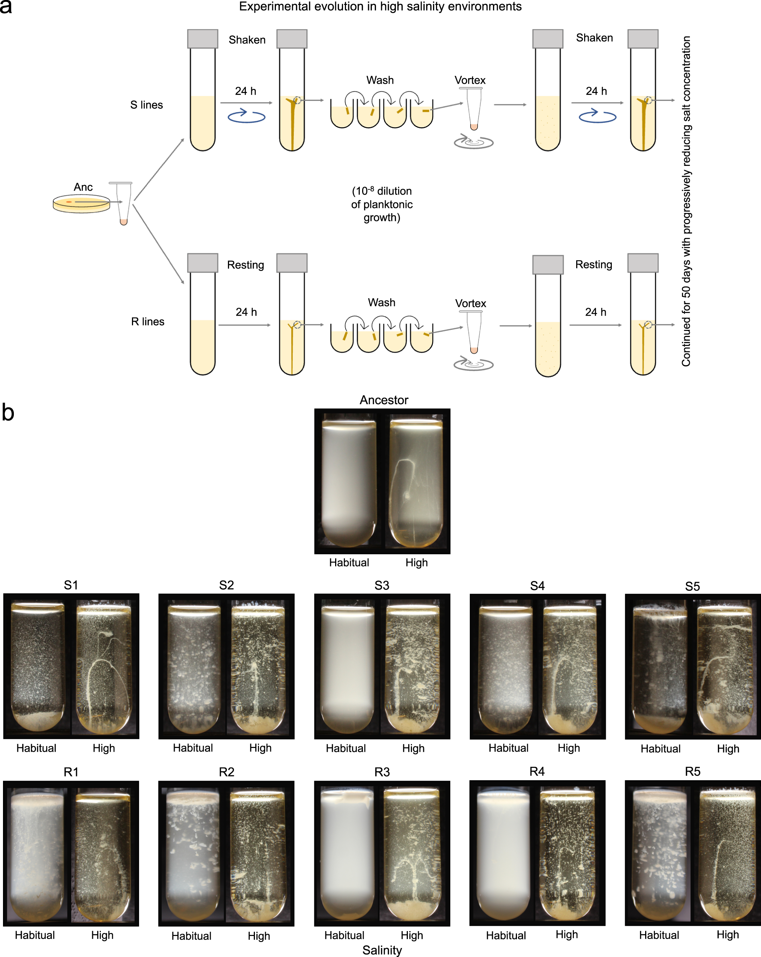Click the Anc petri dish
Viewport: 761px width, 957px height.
pos(81,204)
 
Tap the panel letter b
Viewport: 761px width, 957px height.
pos(8,412)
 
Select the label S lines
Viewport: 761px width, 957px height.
pos(146,105)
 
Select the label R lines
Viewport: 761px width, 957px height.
pos(147,322)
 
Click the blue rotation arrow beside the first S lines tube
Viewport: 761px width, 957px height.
pos(246,116)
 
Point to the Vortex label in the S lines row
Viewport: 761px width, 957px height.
pos(470,80)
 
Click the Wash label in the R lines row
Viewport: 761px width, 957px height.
pos(381,303)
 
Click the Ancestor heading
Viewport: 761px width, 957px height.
pos(383,400)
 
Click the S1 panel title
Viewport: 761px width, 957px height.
pos(71,585)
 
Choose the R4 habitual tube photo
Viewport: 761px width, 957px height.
pos(503,855)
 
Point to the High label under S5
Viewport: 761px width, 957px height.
pos(728,749)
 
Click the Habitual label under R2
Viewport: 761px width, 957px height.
pos(191,936)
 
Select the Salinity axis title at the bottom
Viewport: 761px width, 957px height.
pos(382,950)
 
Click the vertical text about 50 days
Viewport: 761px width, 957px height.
pos(686,201)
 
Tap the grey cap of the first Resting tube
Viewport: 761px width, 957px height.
pos(202,263)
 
